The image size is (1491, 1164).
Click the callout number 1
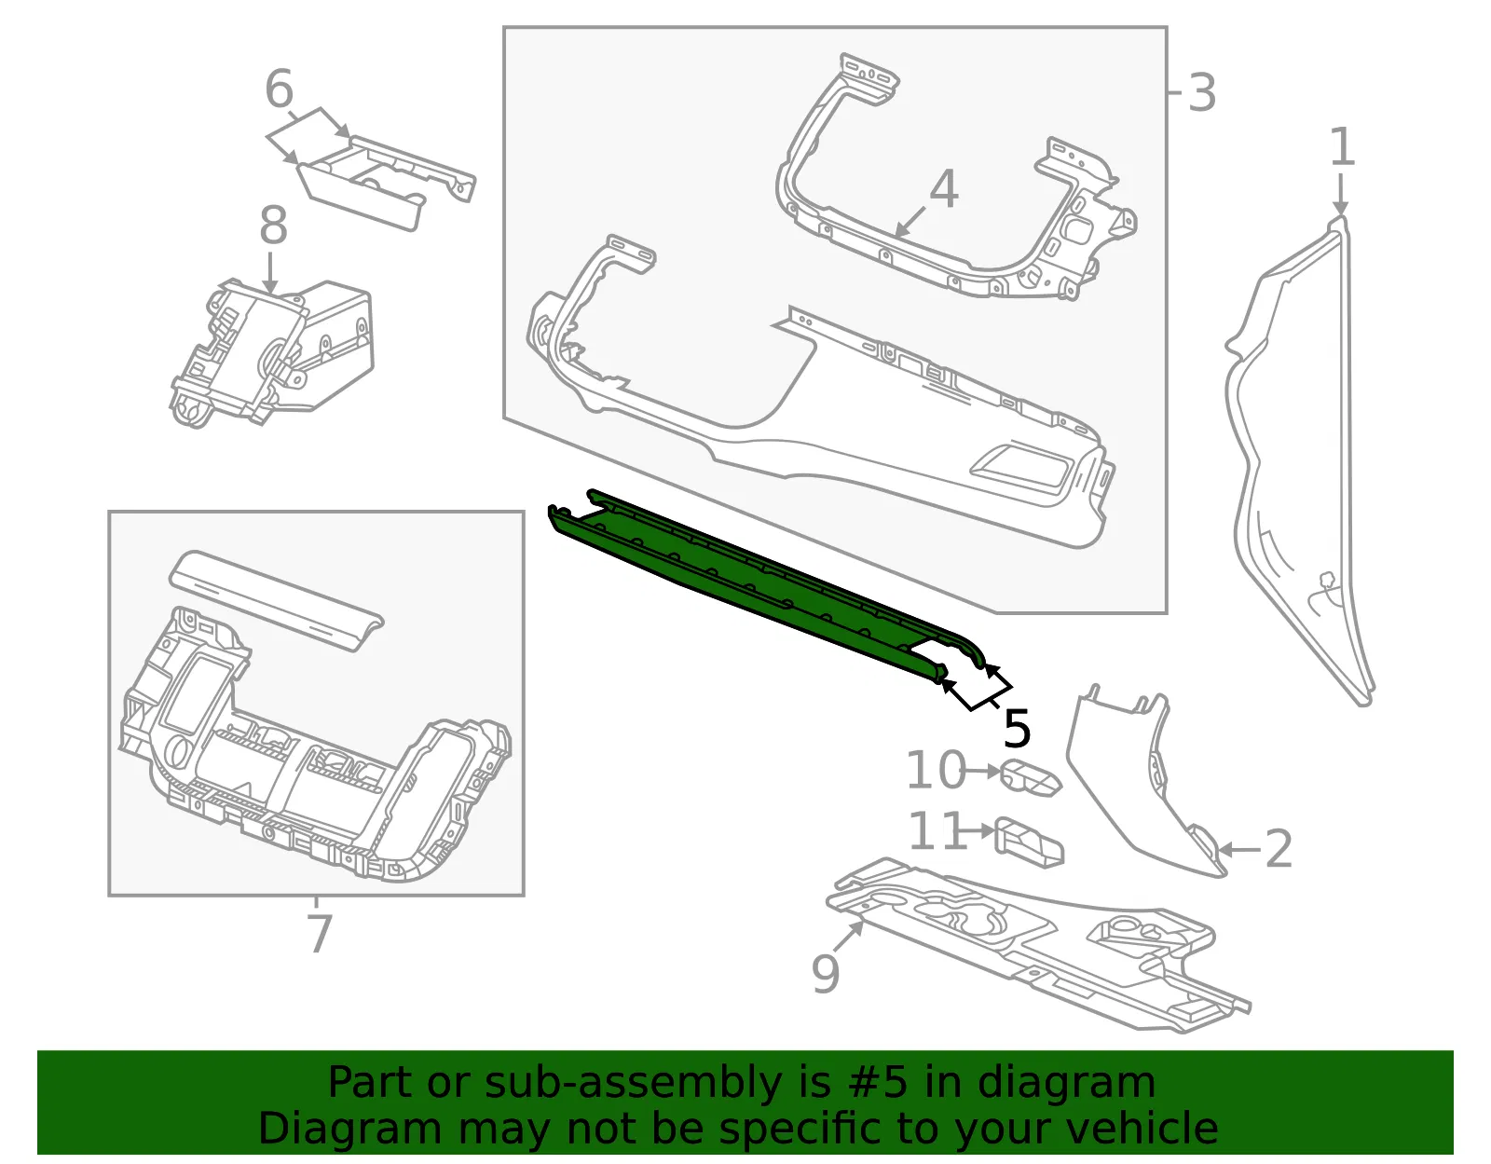pos(1341,147)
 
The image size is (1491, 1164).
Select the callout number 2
pos(1278,849)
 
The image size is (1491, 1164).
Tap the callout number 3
pos(1201,93)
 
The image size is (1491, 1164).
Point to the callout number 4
pos(944,188)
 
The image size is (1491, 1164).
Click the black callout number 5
pos(1017,729)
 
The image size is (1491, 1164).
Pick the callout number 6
pos(280,89)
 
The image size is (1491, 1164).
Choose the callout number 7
pos(320,934)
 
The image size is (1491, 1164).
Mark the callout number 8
pos(273,225)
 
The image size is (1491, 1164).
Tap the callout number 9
pos(826,973)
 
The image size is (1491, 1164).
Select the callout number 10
pos(937,771)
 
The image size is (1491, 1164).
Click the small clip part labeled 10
pos(1031,778)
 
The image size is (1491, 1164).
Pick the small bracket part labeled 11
pos(1029,843)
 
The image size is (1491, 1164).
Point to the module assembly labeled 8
pos(272,353)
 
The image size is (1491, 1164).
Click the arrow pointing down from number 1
pos(1340,194)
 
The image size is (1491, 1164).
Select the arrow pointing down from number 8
pos(270,273)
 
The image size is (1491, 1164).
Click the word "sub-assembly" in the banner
pos(633,1083)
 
